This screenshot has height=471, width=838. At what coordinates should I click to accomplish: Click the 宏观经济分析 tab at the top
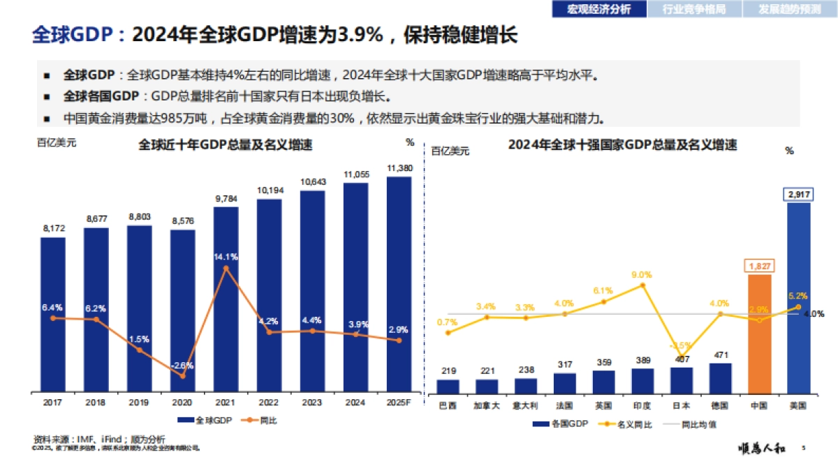click(598, 9)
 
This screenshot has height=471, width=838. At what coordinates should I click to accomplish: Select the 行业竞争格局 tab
click(693, 9)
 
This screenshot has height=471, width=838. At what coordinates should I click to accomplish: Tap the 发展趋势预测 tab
click(790, 9)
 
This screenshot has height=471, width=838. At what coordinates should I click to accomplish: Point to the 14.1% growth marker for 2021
click(226, 268)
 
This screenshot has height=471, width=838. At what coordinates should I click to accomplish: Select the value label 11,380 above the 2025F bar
click(399, 168)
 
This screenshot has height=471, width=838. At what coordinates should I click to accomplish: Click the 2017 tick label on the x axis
click(52, 403)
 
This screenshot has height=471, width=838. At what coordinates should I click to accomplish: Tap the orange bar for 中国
click(760, 334)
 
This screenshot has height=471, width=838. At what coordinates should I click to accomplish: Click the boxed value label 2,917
click(799, 194)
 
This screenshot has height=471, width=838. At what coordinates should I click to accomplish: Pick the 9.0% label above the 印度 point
click(641, 275)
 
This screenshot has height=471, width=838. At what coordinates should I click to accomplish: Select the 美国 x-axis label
click(799, 405)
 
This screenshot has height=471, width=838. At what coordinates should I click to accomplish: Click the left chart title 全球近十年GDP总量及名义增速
click(225, 145)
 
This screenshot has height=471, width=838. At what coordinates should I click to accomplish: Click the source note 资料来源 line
click(99, 439)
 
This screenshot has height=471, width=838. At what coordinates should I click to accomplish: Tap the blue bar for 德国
click(720, 377)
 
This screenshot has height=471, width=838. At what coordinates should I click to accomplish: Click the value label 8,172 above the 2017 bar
click(53, 228)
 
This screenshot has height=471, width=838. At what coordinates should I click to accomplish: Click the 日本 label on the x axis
click(682, 405)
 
